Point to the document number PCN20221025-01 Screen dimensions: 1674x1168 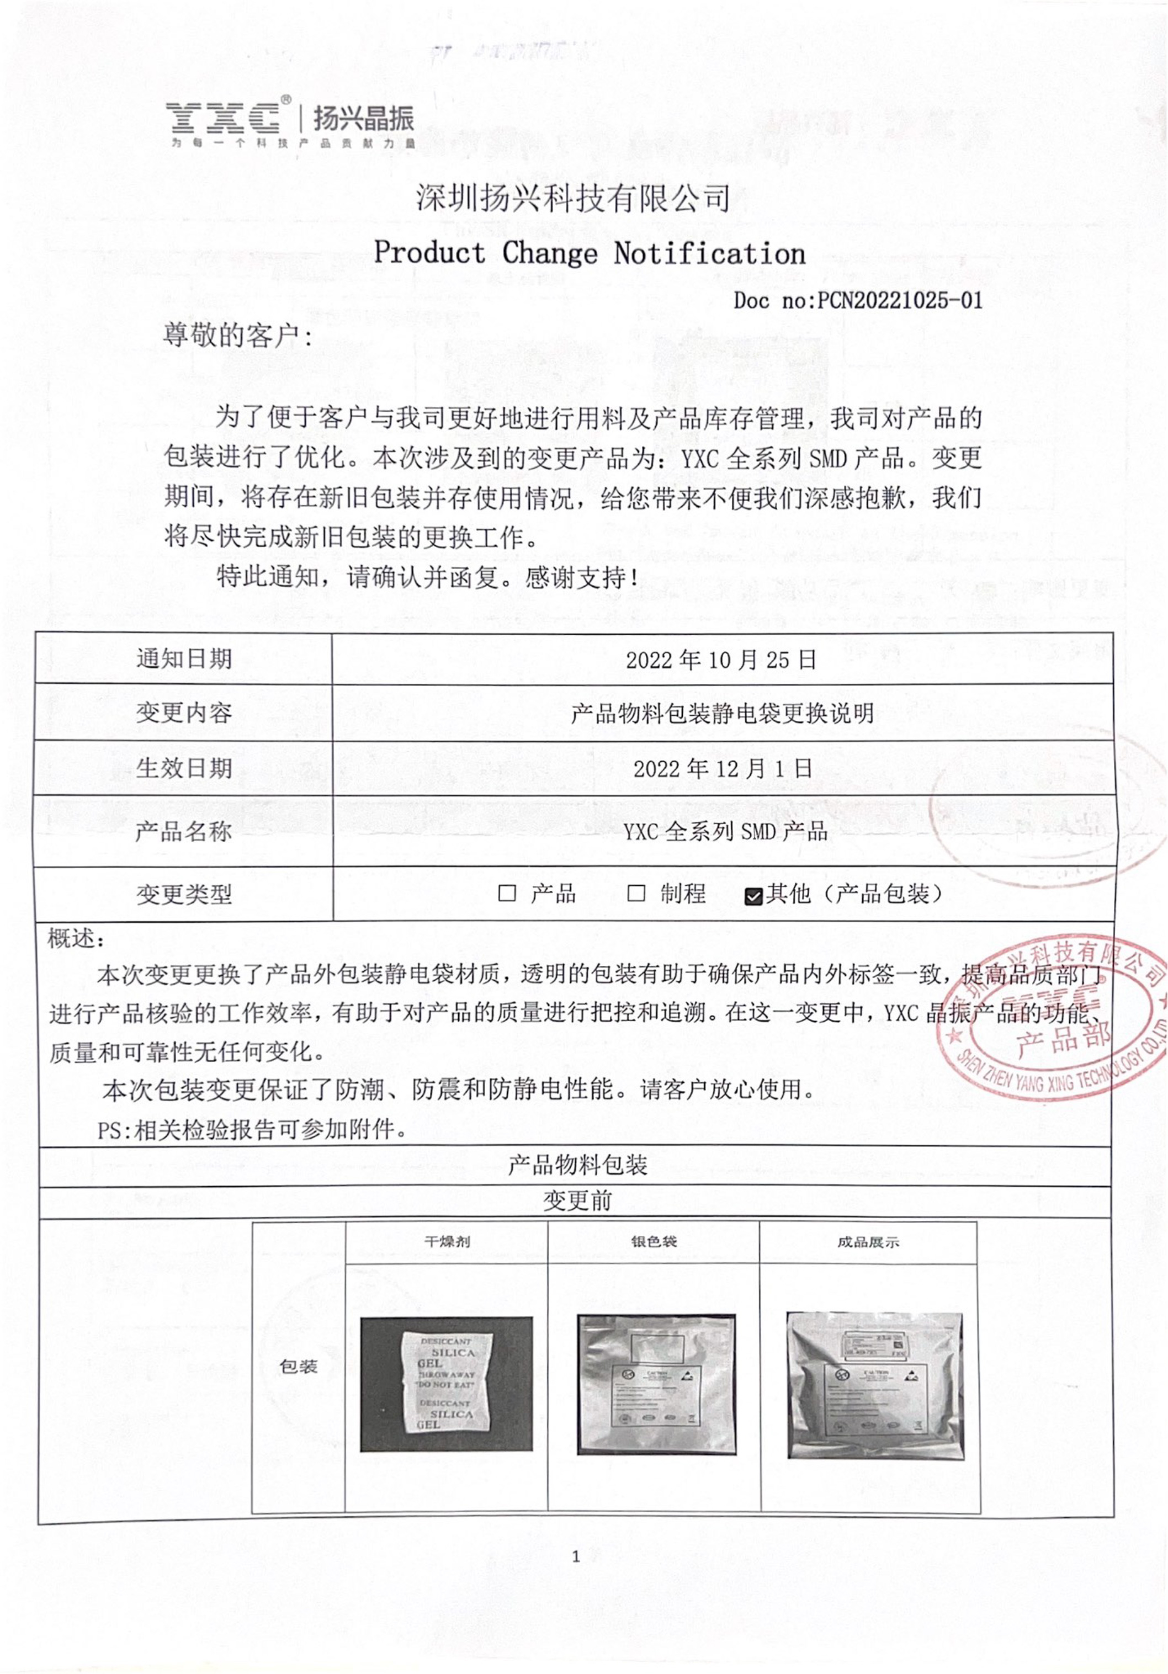coord(858,300)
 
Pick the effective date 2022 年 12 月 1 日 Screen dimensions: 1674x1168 coord(723,768)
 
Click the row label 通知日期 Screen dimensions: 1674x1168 coord(184,659)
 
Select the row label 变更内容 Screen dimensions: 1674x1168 coord(184,713)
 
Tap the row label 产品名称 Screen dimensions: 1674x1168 coord(184,831)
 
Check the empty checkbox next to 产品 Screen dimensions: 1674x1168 coord(507,893)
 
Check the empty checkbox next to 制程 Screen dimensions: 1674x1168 coord(636,893)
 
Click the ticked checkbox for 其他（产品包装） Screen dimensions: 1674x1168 coord(753,896)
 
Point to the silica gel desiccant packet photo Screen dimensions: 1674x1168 coord(446,1384)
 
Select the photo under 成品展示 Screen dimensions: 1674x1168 coord(875,1385)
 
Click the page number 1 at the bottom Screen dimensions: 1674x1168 coord(576,1556)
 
